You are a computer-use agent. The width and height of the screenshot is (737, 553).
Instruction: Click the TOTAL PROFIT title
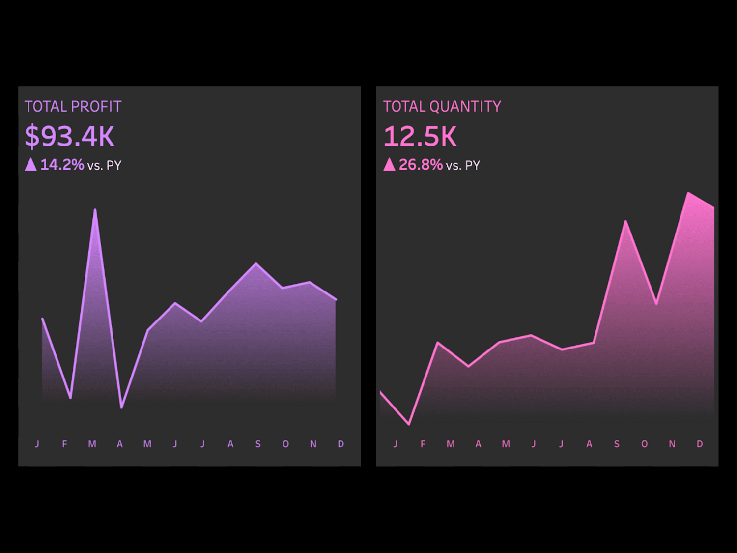click(x=73, y=107)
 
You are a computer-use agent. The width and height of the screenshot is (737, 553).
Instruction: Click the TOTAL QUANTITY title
click(x=442, y=107)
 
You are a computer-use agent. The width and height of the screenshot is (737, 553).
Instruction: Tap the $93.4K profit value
click(x=69, y=136)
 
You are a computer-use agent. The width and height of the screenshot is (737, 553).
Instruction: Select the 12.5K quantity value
click(x=420, y=136)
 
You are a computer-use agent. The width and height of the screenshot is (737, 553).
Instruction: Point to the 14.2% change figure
click(x=62, y=165)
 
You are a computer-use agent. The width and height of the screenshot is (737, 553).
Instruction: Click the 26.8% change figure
click(x=421, y=165)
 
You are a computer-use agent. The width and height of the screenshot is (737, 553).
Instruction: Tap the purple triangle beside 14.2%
click(x=30, y=164)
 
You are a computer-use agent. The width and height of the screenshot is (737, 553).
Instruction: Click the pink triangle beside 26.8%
click(x=389, y=164)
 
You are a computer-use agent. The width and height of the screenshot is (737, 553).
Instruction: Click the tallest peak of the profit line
click(x=95, y=209)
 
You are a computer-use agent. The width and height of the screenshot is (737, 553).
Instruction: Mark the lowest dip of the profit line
click(x=121, y=408)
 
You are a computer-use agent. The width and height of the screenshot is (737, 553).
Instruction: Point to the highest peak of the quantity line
click(x=688, y=193)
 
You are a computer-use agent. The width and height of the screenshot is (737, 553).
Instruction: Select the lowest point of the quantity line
click(x=409, y=425)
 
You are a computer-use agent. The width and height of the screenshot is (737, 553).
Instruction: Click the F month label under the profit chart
click(x=64, y=444)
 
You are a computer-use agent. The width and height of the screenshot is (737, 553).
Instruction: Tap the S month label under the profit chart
click(x=258, y=444)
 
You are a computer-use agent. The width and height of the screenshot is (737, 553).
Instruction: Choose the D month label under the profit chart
click(x=341, y=444)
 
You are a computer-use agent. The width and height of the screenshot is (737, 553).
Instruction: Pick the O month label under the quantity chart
click(x=644, y=444)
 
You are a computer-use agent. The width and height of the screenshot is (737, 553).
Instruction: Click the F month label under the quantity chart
click(x=423, y=444)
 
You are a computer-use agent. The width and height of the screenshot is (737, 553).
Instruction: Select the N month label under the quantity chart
click(x=672, y=444)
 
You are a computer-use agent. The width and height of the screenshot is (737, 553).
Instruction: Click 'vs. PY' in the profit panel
click(x=105, y=165)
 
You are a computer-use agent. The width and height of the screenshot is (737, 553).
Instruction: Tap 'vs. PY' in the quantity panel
click(x=463, y=165)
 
